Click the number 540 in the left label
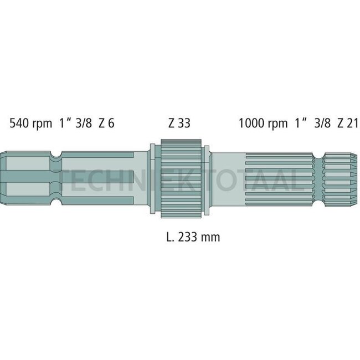(x=19, y=123)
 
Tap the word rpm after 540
(x=43, y=123)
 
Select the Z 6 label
(x=106, y=123)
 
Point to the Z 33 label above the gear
(x=179, y=123)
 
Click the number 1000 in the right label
(x=251, y=123)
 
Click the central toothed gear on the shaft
(x=179, y=178)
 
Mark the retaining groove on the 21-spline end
(x=319, y=178)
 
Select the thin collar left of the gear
(x=152, y=178)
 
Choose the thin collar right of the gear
(x=206, y=178)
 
